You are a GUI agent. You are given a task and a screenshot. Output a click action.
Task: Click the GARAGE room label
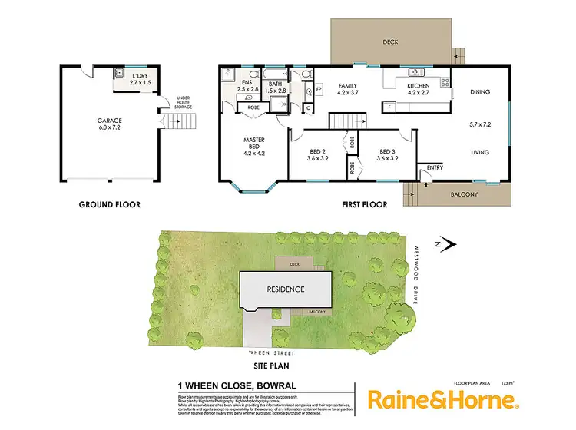click(x=109, y=120)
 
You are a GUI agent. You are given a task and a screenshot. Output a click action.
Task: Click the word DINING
click(x=479, y=93)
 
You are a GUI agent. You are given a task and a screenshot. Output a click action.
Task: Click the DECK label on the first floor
click(x=392, y=42)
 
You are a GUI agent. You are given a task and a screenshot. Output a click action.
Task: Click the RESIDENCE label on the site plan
click(x=285, y=289)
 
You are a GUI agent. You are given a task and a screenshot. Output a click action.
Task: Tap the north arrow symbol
click(x=448, y=244)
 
